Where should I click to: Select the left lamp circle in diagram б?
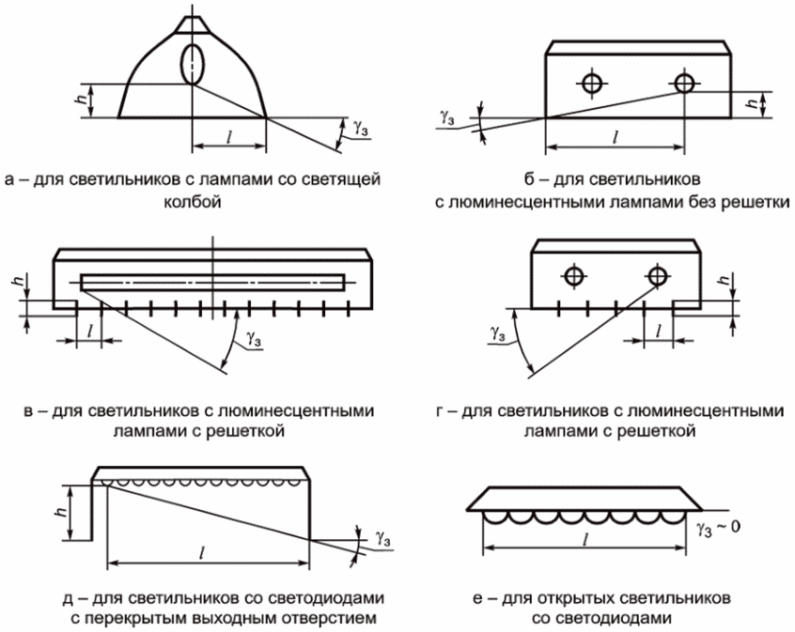coord(591,84)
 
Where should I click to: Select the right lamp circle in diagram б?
coord(684,84)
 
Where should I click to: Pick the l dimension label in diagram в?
coord(88,329)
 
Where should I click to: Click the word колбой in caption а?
coord(194,199)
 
